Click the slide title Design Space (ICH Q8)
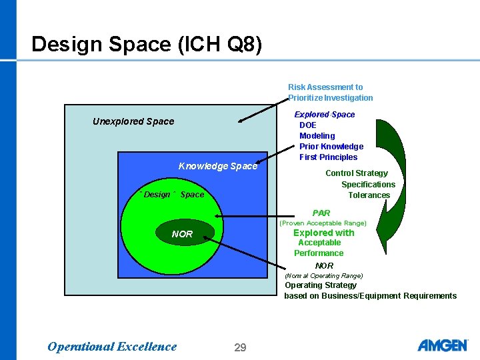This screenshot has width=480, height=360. tap(147, 44)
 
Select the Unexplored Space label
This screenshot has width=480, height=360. tap(133, 121)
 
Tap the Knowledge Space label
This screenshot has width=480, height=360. tap(217, 166)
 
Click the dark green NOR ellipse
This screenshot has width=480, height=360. tap(182, 234)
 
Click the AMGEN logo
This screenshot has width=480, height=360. tap(442, 345)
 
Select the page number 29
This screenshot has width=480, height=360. tap(240, 347)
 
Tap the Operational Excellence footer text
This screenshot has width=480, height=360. tap(112, 346)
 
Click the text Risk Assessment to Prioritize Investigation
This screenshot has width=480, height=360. tap(330, 92)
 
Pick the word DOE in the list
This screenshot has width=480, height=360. tap(308, 125)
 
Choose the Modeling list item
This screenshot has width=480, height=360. tap(317, 136)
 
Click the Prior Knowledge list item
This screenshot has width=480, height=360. tap(331, 147)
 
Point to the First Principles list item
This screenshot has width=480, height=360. tap(328, 157)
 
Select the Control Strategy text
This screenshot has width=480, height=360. tap(357, 173)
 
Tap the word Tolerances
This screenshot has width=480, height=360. tap(369, 195)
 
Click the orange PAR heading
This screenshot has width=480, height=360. tap(321, 213)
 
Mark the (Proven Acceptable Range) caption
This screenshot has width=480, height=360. tap(323, 223)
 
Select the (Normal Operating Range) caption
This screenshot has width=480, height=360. tap(323, 275)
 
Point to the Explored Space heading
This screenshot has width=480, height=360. tap(325, 115)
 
